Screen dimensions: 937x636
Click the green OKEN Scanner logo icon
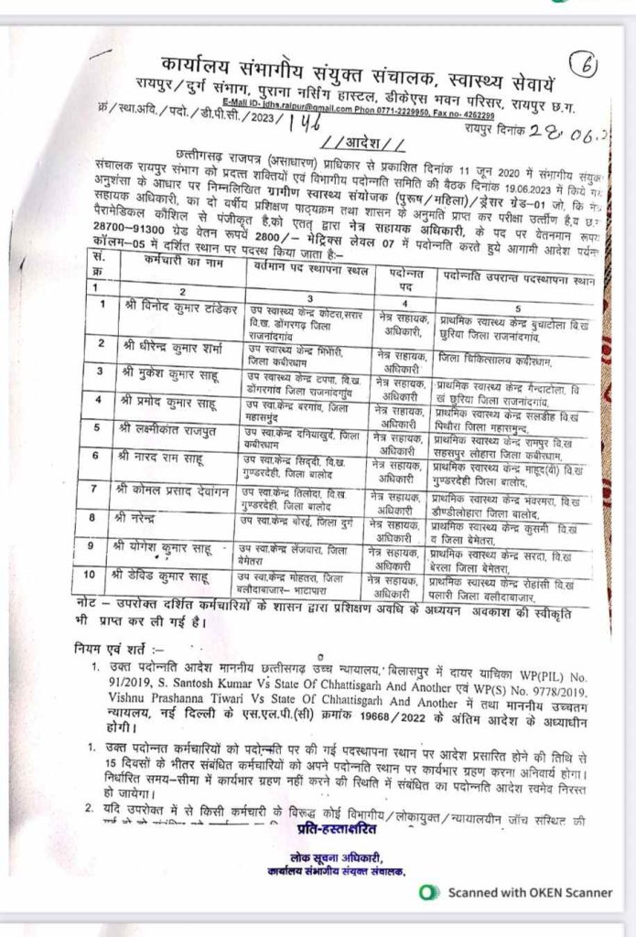click(x=426, y=890)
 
